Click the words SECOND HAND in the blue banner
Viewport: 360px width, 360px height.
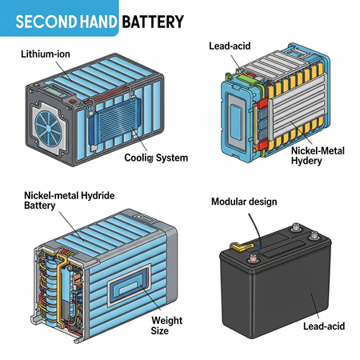[x=66, y=22]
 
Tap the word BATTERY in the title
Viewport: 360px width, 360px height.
[x=153, y=22]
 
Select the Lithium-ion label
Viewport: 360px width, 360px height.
[x=46, y=54]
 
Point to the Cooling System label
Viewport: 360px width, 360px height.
[x=156, y=158]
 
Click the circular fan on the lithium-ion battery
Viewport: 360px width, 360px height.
[x=49, y=129]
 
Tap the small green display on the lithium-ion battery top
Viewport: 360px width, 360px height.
[x=57, y=91]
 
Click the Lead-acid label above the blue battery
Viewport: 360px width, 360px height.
[x=230, y=46]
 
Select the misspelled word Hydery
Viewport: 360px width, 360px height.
[x=306, y=161]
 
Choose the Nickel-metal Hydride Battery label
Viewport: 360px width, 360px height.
[x=70, y=200]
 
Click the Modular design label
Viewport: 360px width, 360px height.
[x=244, y=202]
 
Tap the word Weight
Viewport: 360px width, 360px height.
[x=167, y=320]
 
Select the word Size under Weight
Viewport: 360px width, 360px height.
[x=160, y=330]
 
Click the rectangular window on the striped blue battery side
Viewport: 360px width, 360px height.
[x=130, y=285]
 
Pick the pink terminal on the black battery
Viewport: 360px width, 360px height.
[x=253, y=258]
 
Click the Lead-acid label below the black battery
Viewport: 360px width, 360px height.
[x=324, y=326]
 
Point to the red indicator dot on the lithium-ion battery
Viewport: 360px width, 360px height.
[x=72, y=102]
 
